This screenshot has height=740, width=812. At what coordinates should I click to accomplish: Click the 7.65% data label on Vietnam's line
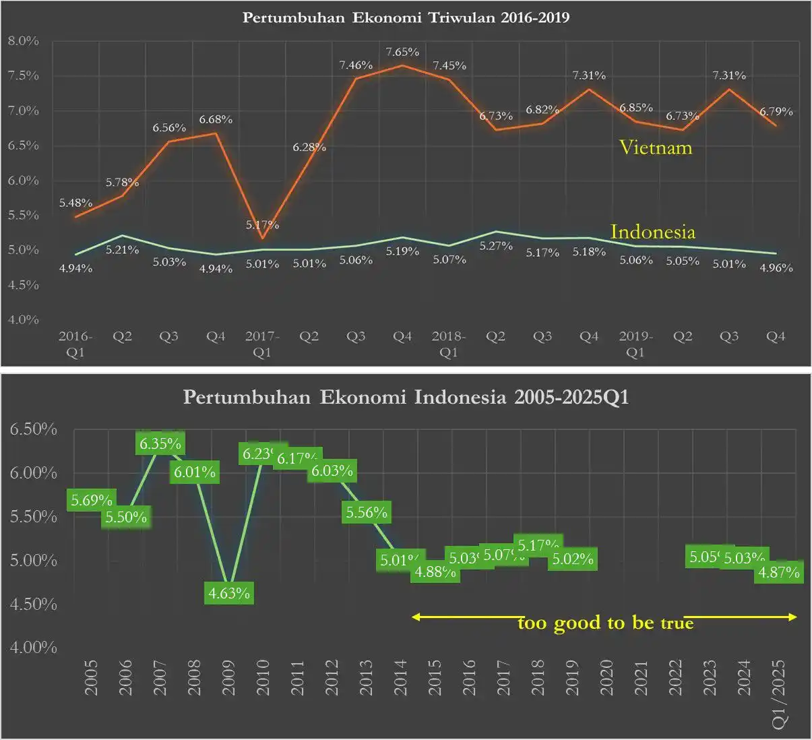402,52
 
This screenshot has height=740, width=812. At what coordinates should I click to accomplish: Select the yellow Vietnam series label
656,147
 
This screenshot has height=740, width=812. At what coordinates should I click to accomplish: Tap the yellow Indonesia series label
652,232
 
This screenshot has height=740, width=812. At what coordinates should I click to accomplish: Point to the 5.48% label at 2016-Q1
75,203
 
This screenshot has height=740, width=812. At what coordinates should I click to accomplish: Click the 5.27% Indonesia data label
496,246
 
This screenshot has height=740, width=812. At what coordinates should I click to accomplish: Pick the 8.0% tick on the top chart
24,41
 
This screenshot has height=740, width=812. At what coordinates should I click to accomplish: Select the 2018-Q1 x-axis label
449,344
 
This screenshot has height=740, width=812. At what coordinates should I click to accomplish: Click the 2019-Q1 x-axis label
635,344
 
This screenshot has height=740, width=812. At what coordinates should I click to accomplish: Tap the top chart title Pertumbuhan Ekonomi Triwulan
406,18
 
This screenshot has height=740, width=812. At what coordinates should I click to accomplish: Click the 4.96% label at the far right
776,268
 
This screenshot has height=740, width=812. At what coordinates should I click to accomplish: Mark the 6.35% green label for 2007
160,443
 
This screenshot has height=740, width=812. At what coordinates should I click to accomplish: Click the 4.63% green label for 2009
229,593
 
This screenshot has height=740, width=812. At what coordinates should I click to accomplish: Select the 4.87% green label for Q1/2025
779,572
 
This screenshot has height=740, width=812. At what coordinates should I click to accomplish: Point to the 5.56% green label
367,513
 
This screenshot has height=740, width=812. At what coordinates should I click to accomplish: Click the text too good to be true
605,623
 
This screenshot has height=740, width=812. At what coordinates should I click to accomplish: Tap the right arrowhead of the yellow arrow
793,617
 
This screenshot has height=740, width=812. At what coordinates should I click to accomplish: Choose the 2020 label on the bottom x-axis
606,677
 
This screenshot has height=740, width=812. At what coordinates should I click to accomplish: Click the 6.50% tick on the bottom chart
33,429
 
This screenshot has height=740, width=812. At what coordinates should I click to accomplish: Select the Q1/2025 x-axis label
779,693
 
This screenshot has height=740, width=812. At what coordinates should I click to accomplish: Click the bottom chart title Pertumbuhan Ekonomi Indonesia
406,397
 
